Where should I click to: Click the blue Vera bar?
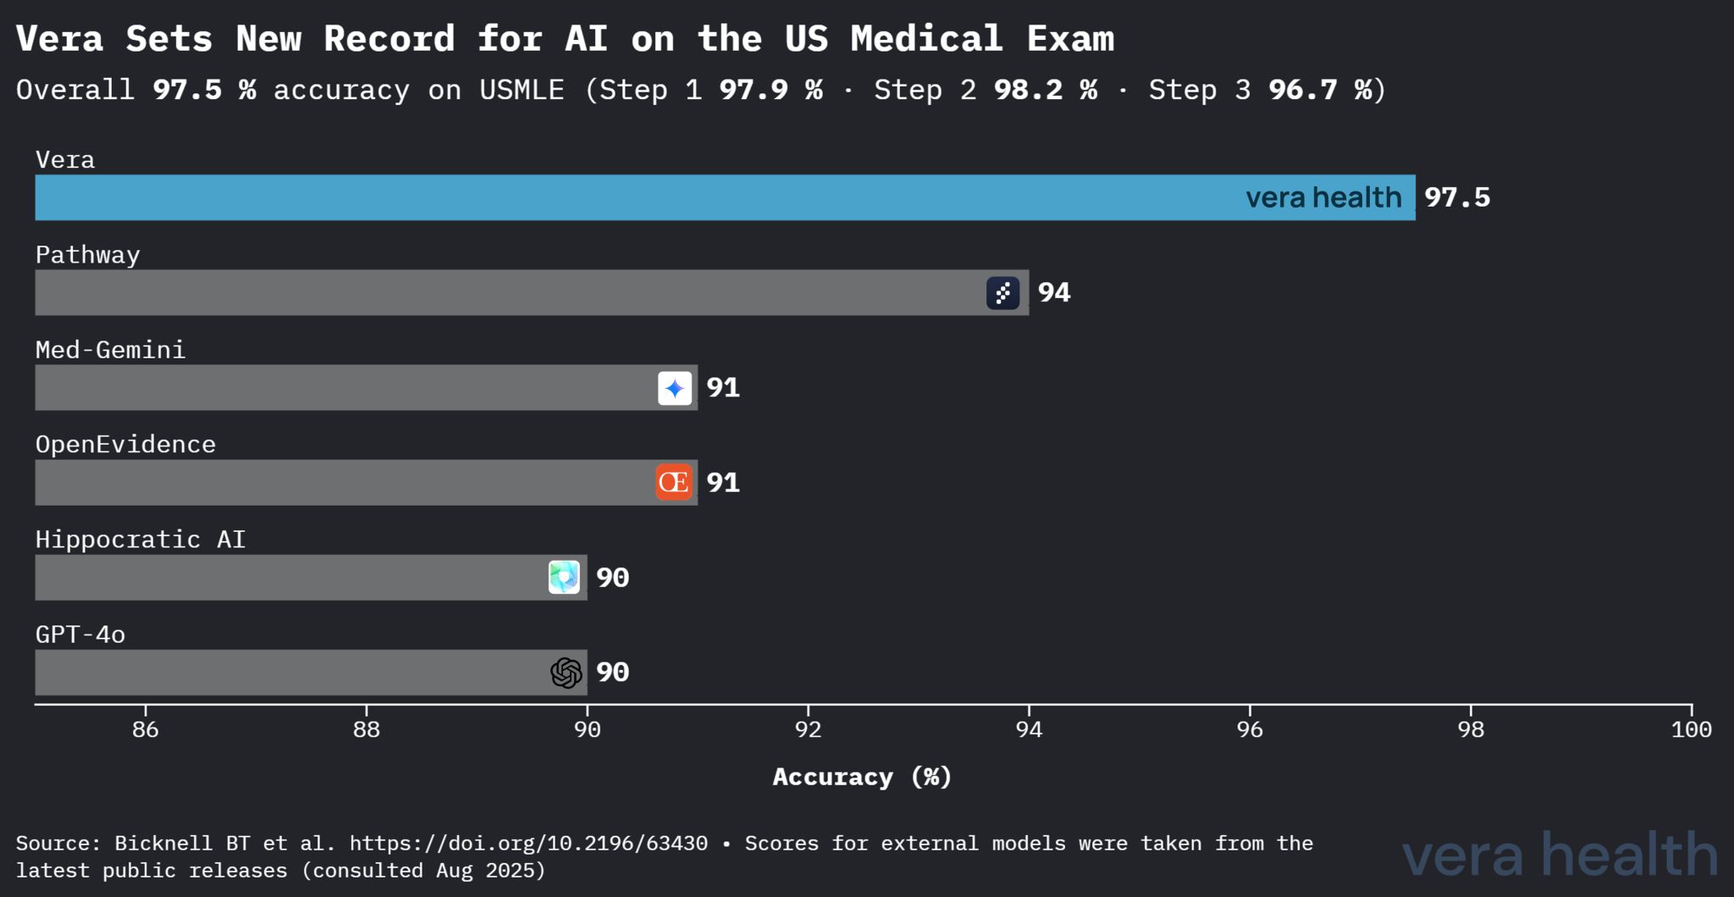click(635, 197)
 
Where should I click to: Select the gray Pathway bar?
click(508, 292)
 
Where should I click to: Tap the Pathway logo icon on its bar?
click(1002, 293)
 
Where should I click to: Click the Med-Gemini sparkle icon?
click(675, 388)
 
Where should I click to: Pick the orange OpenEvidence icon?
click(674, 482)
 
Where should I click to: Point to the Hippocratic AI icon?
click(564, 577)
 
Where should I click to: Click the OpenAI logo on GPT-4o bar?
click(566, 673)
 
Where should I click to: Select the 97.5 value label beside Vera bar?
click(1456, 197)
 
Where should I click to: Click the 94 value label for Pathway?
click(1054, 292)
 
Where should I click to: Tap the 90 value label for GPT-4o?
click(612, 673)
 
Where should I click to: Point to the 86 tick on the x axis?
click(146, 729)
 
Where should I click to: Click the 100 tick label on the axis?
click(1691, 729)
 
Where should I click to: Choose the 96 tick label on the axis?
click(1250, 729)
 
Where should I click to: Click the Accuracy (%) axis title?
click(862, 777)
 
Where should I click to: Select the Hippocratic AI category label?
click(141, 540)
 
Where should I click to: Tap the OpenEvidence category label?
click(125, 445)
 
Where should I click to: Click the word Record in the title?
click(389, 39)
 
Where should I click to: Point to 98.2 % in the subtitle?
click(1045, 90)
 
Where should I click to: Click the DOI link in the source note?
click(528, 844)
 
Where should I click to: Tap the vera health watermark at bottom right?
click(1560, 855)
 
